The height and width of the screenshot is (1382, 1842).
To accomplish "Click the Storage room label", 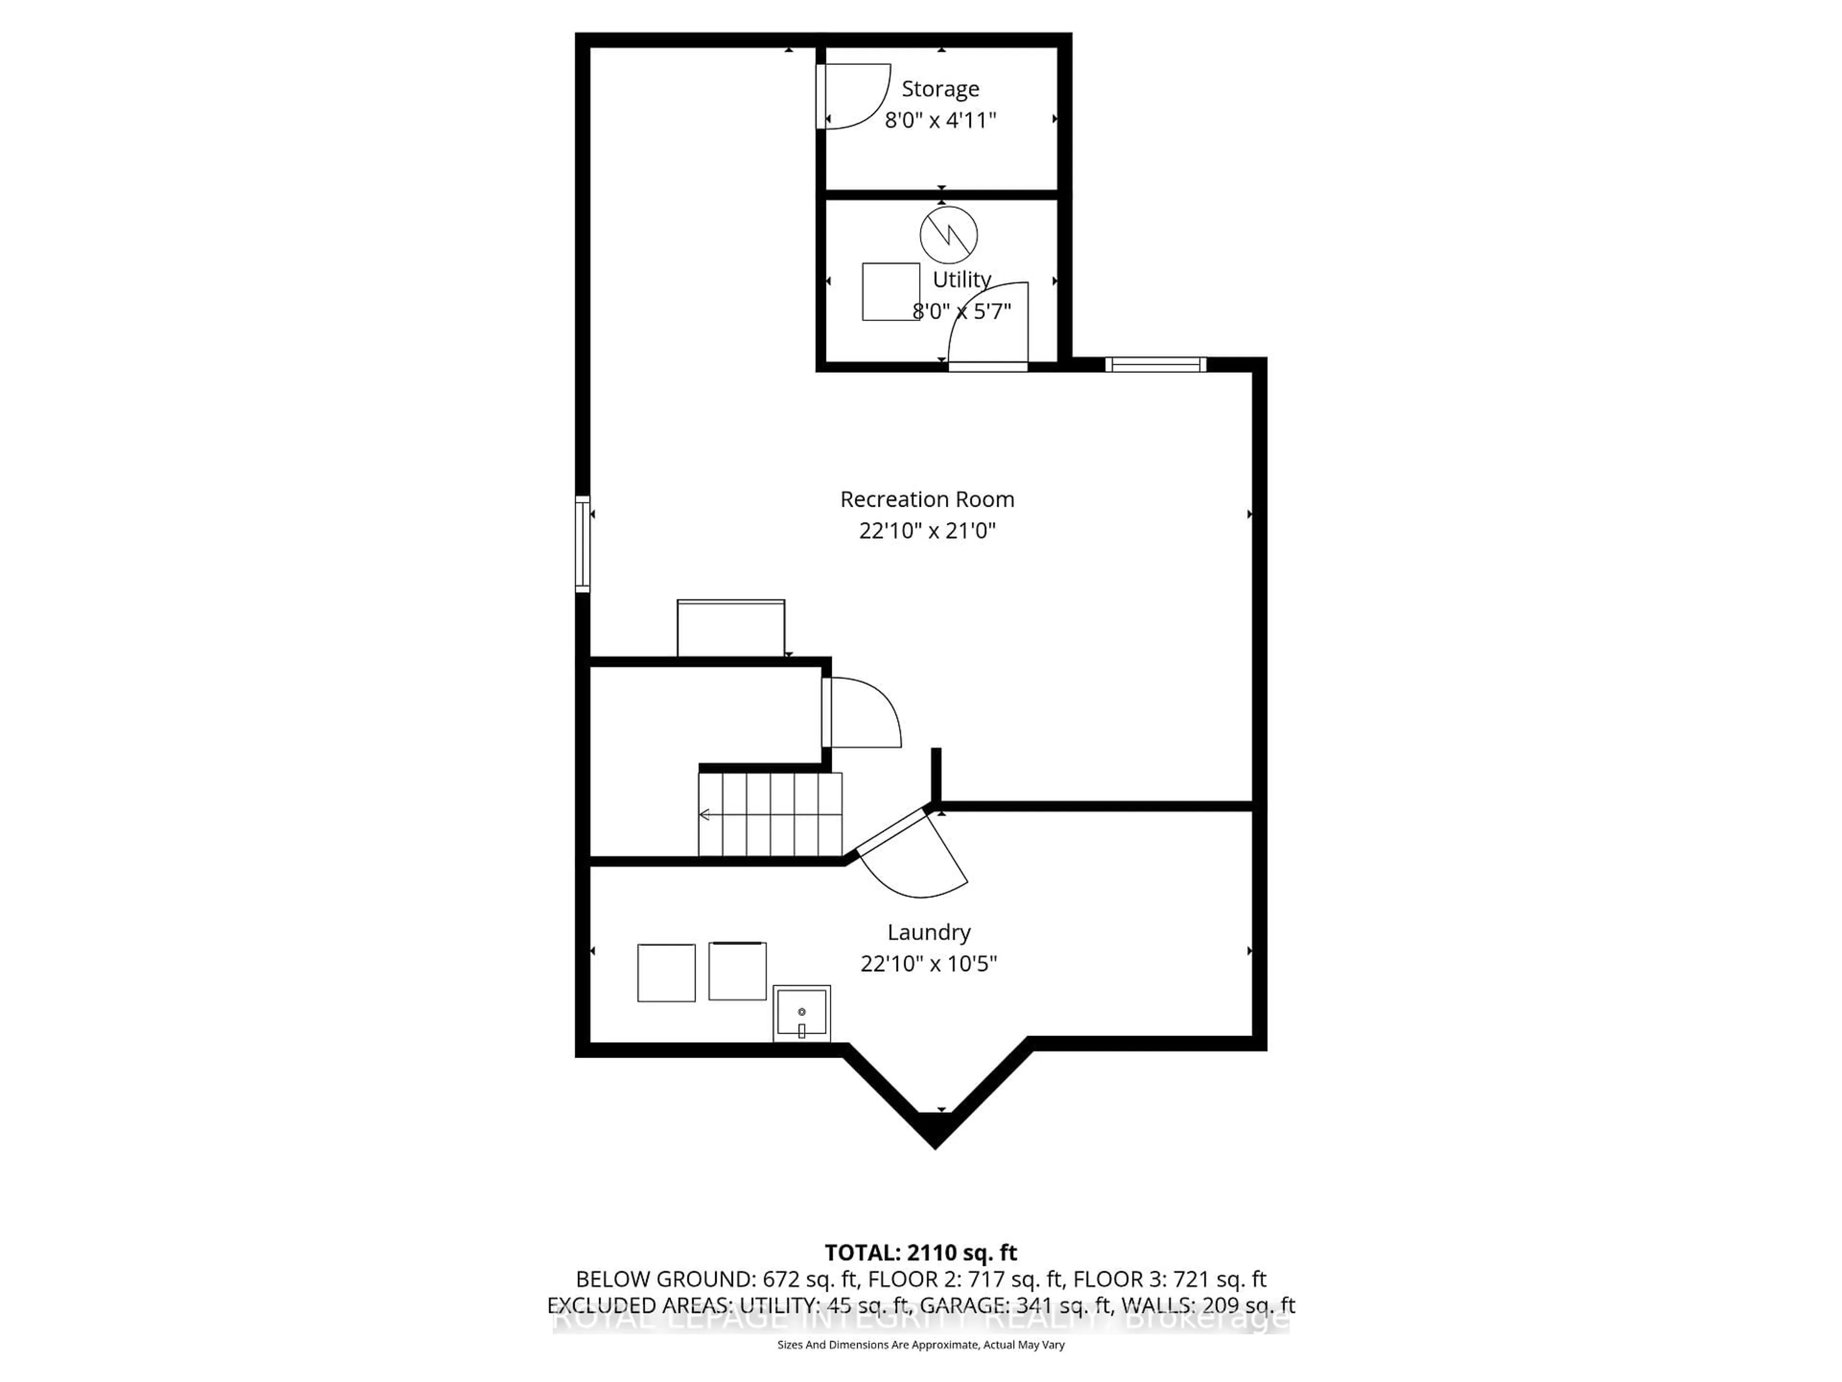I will (x=940, y=88).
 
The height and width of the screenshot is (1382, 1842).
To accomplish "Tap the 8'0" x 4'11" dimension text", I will (x=940, y=121).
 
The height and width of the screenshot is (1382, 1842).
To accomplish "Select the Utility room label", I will (x=962, y=279).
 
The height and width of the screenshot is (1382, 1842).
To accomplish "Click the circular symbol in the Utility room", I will (x=948, y=236).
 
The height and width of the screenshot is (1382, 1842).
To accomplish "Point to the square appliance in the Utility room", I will (x=890, y=292).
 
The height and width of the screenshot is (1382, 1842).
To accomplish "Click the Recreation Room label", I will (x=927, y=499).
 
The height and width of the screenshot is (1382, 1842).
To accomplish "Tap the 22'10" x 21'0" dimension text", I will (x=927, y=531).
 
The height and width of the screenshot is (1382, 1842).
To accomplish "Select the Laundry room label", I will (x=929, y=932).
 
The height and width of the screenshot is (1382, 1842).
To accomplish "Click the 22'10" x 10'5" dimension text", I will (x=929, y=964).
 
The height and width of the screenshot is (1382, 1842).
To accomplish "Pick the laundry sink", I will (x=801, y=1012).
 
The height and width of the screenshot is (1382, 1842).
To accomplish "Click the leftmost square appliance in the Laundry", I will (x=666, y=972).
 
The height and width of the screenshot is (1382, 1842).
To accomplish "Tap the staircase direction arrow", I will (x=705, y=815).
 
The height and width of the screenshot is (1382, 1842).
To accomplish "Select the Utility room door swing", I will (x=991, y=325).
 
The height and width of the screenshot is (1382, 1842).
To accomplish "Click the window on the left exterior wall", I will (x=583, y=544).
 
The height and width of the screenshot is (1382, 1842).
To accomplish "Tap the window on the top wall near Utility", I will (x=1155, y=364).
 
